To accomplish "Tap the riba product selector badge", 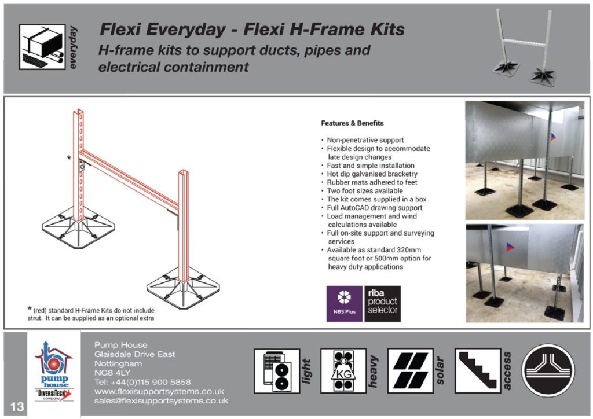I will coord(382,303).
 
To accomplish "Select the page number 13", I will coord(17,406).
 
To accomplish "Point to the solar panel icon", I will coord(411,370).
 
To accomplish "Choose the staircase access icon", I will coord(478,370).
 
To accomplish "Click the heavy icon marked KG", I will coord(343,370).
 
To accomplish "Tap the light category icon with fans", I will coord(276,370).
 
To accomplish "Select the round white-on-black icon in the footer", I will coord(548,370).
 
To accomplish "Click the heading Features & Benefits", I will coord(352,123).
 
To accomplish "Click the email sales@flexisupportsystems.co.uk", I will coord(161,400).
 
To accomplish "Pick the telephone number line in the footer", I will coord(142,382).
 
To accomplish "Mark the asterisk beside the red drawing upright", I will coord(69,158).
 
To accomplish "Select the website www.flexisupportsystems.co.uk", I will coord(159,391).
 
